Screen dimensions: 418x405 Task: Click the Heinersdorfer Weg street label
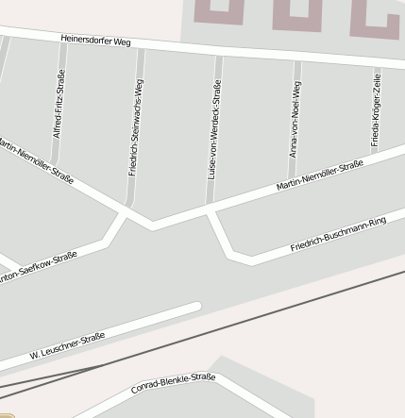coord(95,41)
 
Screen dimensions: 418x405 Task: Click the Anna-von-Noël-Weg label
coord(295,119)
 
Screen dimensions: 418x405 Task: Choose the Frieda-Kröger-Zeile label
coord(376,109)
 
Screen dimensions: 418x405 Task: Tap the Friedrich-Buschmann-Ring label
coord(338,234)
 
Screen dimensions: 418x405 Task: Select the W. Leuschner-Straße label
coord(66,346)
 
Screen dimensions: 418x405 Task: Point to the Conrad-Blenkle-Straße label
coord(173,383)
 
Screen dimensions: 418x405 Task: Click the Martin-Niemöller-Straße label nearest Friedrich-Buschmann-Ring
coord(319,176)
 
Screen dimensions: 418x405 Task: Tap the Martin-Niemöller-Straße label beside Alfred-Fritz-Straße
coord(36,160)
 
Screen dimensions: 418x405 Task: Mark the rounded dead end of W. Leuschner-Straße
coord(196,307)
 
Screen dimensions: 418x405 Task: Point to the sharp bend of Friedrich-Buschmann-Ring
coord(230,256)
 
